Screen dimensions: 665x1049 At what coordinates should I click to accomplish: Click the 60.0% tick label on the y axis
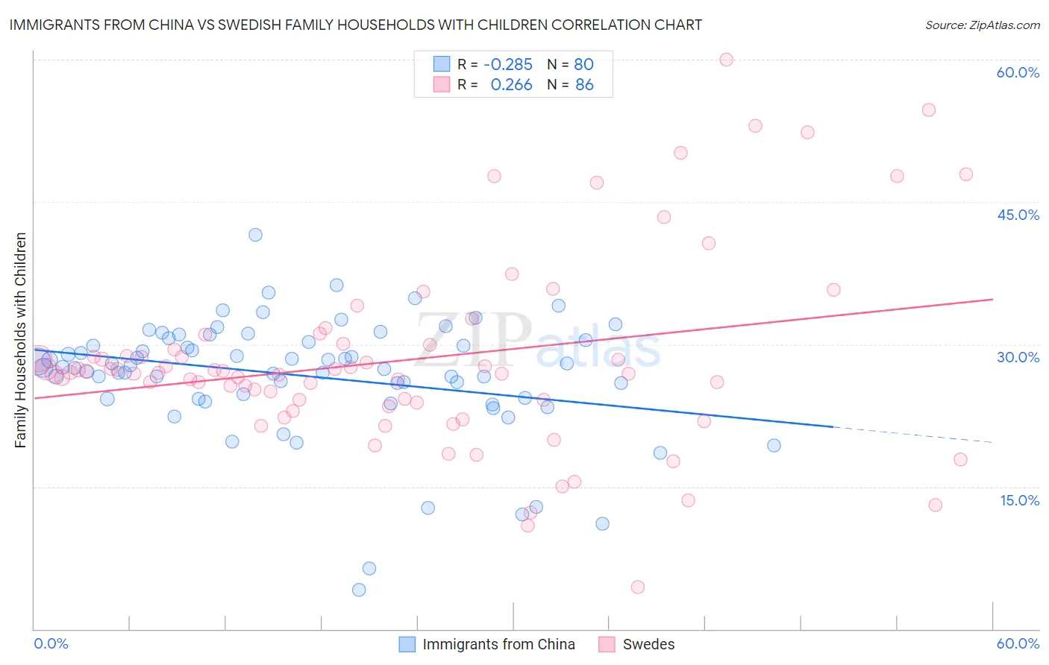(x=1018, y=72)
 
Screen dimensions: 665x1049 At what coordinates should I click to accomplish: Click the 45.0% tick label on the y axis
(x=1018, y=215)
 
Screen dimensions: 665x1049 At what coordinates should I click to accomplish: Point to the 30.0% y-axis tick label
(x=1018, y=357)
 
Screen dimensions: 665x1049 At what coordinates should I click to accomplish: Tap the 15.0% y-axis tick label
(x=1019, y=499)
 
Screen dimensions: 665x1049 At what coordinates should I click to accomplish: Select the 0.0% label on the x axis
(x=51, y=643)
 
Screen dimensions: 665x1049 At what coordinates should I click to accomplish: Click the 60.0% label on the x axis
(x=1018, y=643)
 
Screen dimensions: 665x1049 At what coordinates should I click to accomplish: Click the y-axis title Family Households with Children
(x=20, y=340)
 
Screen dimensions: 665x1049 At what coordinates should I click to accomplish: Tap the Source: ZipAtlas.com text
(x=982, y=25)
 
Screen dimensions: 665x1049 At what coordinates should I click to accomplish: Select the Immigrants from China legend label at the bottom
(x=498, y=644)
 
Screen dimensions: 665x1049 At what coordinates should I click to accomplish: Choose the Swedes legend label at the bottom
(x=648, y=644)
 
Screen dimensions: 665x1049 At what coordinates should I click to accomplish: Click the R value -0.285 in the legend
(x=508, y=64)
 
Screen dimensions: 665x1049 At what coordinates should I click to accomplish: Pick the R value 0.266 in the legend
(x=511, y=85)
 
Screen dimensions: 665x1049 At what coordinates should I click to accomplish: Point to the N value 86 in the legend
(x=584, y=85)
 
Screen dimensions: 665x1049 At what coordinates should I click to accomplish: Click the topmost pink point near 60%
(x=726, y=60)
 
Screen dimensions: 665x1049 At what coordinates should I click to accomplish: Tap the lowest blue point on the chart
(x=359, y=590)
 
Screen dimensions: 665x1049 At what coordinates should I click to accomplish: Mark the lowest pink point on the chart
(x=637, y=587)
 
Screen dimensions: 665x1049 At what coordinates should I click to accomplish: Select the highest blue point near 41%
(x=255, y=235)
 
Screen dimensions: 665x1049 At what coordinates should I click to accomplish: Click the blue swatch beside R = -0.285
(x=442, y=64)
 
